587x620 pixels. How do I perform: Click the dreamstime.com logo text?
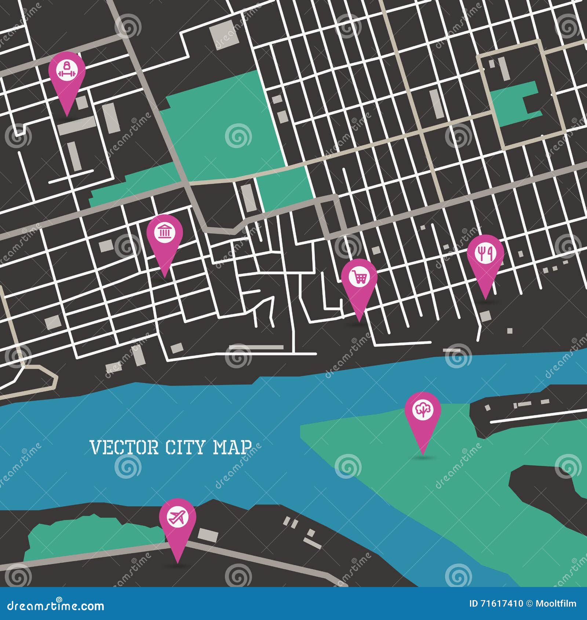pos(56,605)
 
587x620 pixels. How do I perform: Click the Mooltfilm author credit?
pos(556,603)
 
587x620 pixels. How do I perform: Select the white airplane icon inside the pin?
pos(178,518)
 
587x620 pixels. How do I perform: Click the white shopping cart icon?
pos(359,277)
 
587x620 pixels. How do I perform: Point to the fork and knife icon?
pos(485,253)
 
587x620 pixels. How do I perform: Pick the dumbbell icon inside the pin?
pos(67,70)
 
